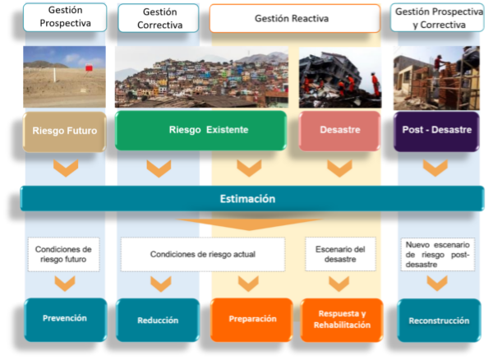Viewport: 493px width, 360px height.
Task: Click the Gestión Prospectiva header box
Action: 65,17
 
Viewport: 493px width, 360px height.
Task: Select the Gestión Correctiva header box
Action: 158,18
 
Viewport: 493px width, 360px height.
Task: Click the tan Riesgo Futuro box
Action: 65,131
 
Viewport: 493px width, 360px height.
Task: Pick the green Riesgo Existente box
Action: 201,131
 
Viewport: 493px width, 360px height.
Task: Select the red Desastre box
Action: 339,131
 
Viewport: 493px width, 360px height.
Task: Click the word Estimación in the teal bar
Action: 247,199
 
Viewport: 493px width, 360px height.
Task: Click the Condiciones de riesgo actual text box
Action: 203,255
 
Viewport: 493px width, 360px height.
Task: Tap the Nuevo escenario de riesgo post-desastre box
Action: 437,255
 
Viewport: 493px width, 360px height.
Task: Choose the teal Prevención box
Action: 65,318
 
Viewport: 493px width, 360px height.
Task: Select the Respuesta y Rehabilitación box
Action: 341,320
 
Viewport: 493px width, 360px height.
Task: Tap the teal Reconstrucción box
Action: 439,320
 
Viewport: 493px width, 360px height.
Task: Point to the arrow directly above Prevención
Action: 65,284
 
